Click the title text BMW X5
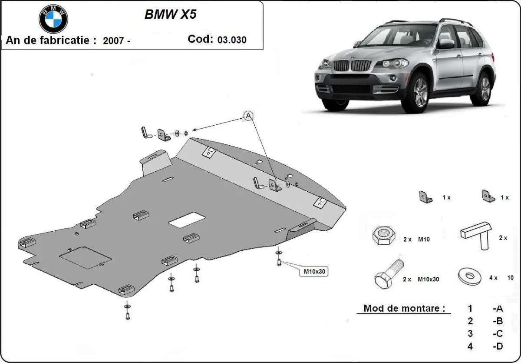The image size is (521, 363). [170, 14]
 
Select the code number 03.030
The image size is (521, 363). [232, 40]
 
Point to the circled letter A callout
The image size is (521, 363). [248, 115]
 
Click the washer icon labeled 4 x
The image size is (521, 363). [470, 276]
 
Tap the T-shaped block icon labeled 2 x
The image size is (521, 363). [477, 235]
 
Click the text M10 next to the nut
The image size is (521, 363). [424, 239]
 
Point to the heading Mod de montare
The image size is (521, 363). [404, 308]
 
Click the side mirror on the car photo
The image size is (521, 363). [446, 43]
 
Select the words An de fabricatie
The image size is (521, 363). [50, 40]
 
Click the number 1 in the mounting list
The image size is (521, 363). [470, 309]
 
